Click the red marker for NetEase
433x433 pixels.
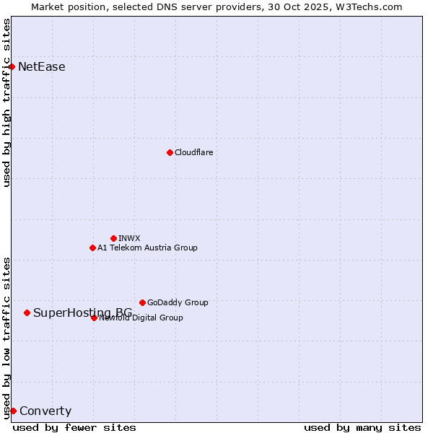point(12,66)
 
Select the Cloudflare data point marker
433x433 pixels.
point(170,152)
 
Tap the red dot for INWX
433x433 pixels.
point(113,238)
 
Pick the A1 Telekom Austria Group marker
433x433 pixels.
point(92,248)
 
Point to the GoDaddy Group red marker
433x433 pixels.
point(142,302)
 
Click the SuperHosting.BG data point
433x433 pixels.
point(27,312)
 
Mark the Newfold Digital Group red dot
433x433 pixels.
point(94,318)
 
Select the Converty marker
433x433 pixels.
point(13,411)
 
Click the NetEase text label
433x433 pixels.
point(42,67)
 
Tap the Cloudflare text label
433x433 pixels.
point(193,152)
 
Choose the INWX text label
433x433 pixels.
point(129,238)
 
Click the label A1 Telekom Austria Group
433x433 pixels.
point(147,248)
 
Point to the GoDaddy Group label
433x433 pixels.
point(178,302)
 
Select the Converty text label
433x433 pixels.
point(45,411)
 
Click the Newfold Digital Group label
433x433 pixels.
point(141,318)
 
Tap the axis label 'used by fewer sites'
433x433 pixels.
point(74,427)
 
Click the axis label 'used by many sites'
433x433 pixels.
point(362,427)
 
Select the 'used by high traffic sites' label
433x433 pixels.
point(6,102)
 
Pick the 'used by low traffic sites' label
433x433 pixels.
point(6,338)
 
